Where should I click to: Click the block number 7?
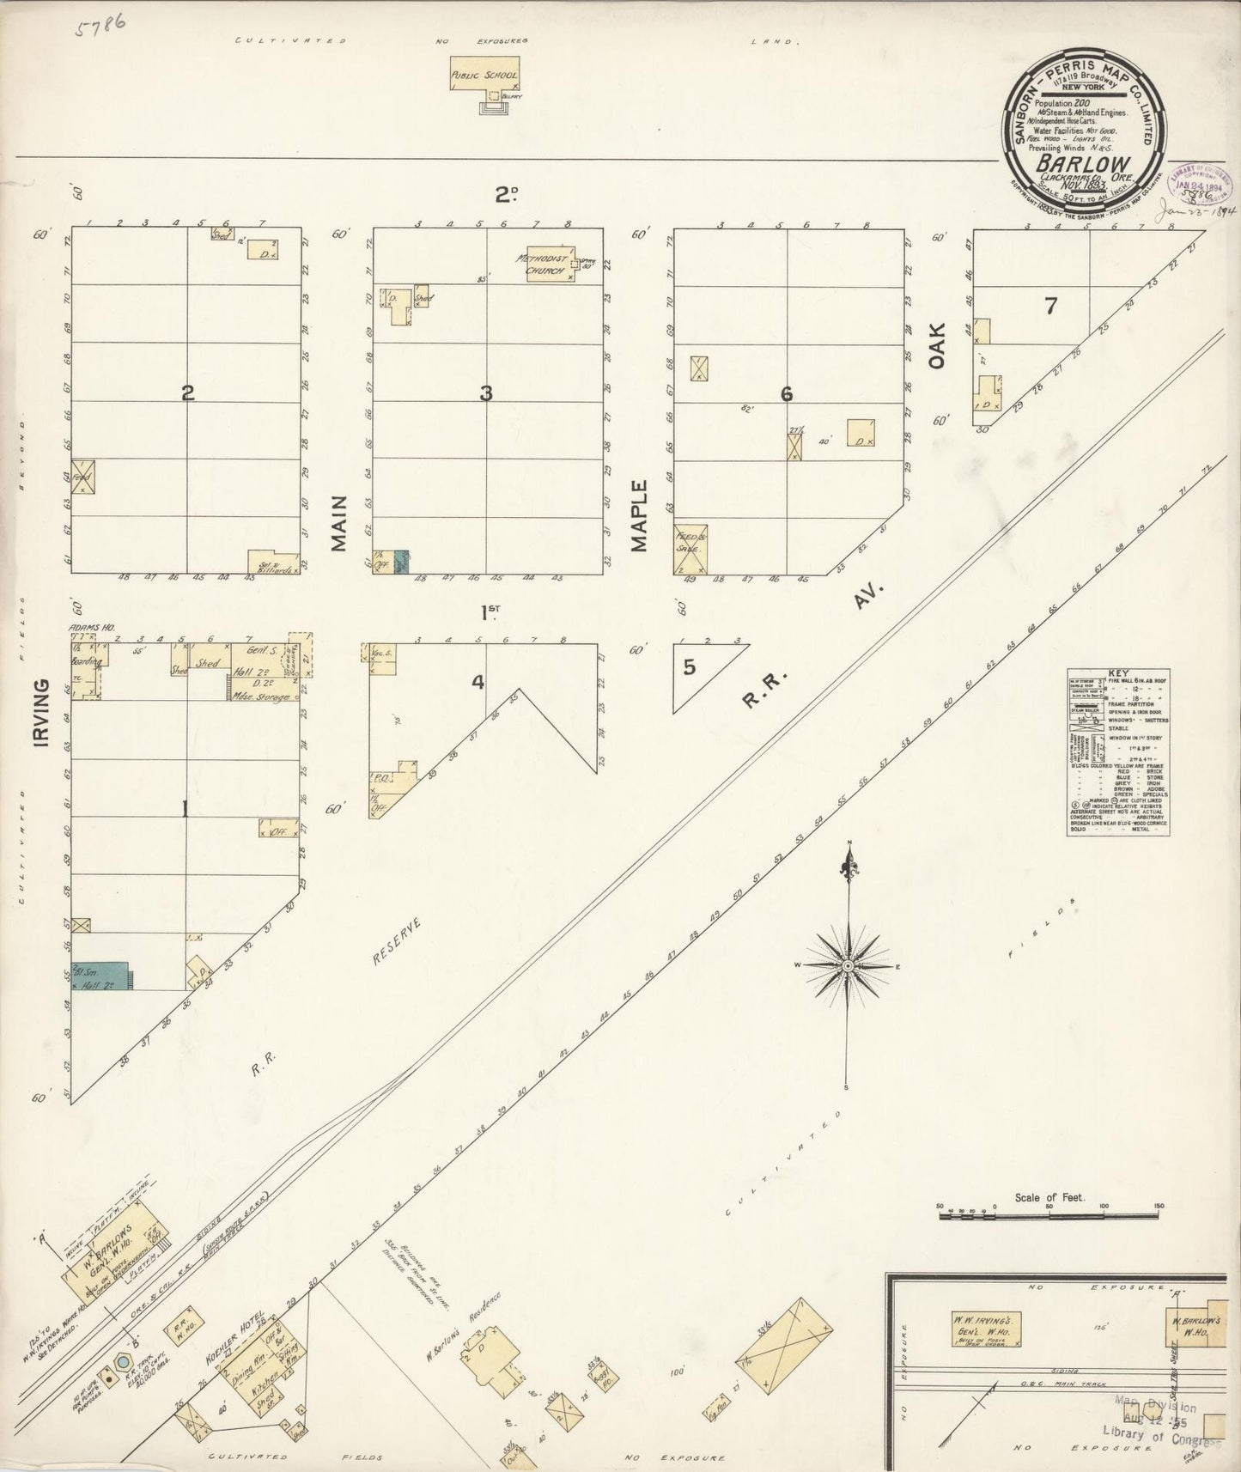[x=1049, y=307]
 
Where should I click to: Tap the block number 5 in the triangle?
[x=690, y=667]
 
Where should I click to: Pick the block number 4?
[x=478, y=684]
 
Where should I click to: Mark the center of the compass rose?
[x=849, y=966]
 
